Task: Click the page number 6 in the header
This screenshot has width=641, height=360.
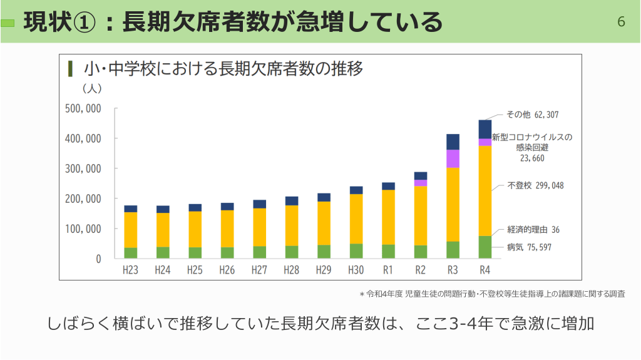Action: click(x=621, y=22)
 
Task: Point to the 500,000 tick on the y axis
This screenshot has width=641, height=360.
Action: click(x=83, y=108)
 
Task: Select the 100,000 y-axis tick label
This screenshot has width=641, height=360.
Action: click(x=83, y=229)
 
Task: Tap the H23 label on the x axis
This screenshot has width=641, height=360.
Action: click(x=130, y=270)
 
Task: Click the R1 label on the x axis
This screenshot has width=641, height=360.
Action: click(x=388, y=270)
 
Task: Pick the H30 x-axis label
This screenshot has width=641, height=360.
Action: click(x=356, y=270)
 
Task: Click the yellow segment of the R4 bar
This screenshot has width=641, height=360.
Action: click(x=485, y=190)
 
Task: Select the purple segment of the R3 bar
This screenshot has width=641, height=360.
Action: click(x=453, y=158)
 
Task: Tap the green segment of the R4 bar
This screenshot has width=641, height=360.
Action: click(x=485, y=247)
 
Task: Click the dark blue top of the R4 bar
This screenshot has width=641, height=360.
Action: click(x=485, y=129)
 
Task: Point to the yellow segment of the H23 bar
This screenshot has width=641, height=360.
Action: click(x=130, y=230)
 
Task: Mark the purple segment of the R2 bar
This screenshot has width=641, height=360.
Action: click(x=421, y=183)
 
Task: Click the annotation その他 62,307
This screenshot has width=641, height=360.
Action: click(x=532, y=115)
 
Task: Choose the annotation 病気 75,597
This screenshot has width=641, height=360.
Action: click(x=529, y=247)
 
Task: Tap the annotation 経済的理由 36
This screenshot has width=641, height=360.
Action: click(x=533, y=230)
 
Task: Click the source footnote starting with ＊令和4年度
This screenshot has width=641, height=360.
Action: click(x=492, y=294)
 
